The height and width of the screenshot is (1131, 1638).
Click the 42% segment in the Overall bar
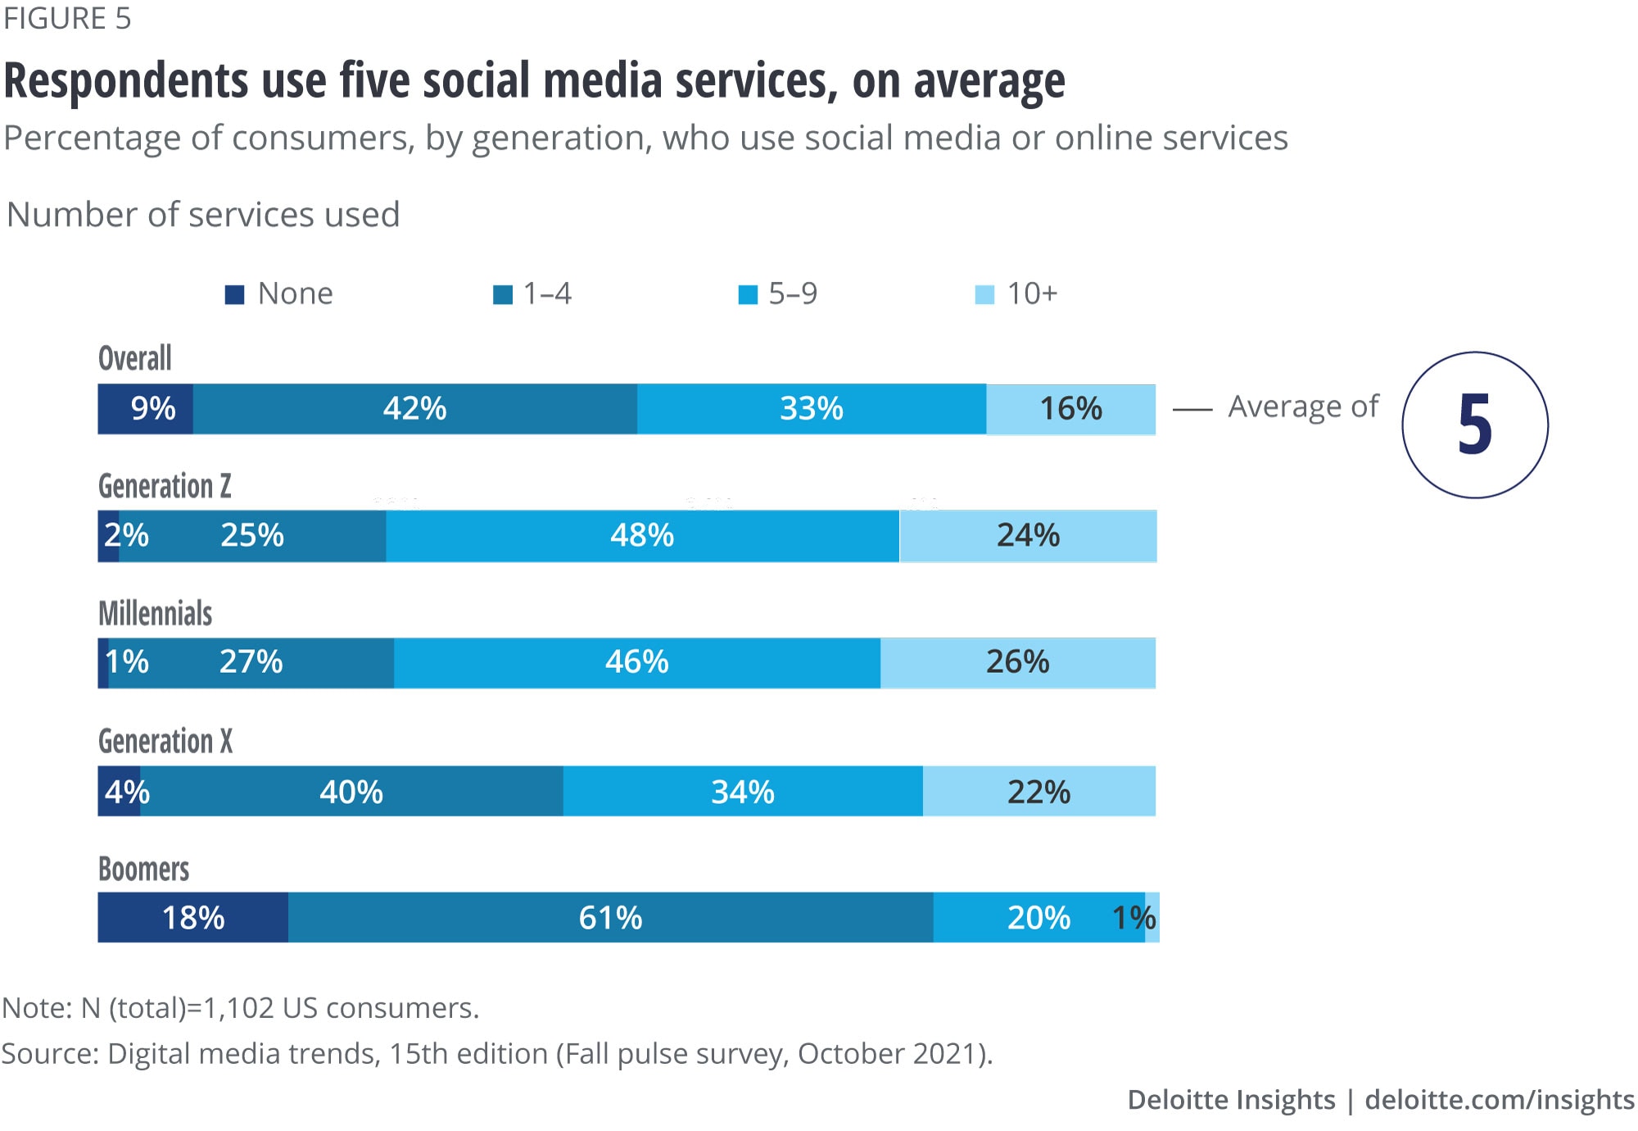(415, 409)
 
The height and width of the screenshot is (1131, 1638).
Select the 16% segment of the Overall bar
(1070, 409)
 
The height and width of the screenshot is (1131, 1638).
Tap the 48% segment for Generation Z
(642, 536)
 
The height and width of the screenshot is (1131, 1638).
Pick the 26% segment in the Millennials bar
(1017, 662)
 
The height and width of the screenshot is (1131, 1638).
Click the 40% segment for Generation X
(351, 792)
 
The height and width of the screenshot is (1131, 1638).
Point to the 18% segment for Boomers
(193, 918)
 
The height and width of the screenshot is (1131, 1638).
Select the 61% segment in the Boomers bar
(610, 918)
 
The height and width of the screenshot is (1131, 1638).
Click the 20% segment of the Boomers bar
(1038, 918)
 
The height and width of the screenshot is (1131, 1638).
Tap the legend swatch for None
(235, 295)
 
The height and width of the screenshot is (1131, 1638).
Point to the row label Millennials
(155, 614)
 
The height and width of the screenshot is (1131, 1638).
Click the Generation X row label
(165, 742)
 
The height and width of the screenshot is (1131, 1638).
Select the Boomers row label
(143, 870)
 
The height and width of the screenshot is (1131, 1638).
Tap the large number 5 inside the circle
(1474, 425)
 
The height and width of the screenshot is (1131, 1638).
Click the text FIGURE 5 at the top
(67, 18)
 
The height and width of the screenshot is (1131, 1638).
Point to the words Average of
(1303, 407)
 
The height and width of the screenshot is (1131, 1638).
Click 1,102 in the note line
(238, 1008)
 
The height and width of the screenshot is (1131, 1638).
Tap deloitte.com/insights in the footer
(1499, 1100)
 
